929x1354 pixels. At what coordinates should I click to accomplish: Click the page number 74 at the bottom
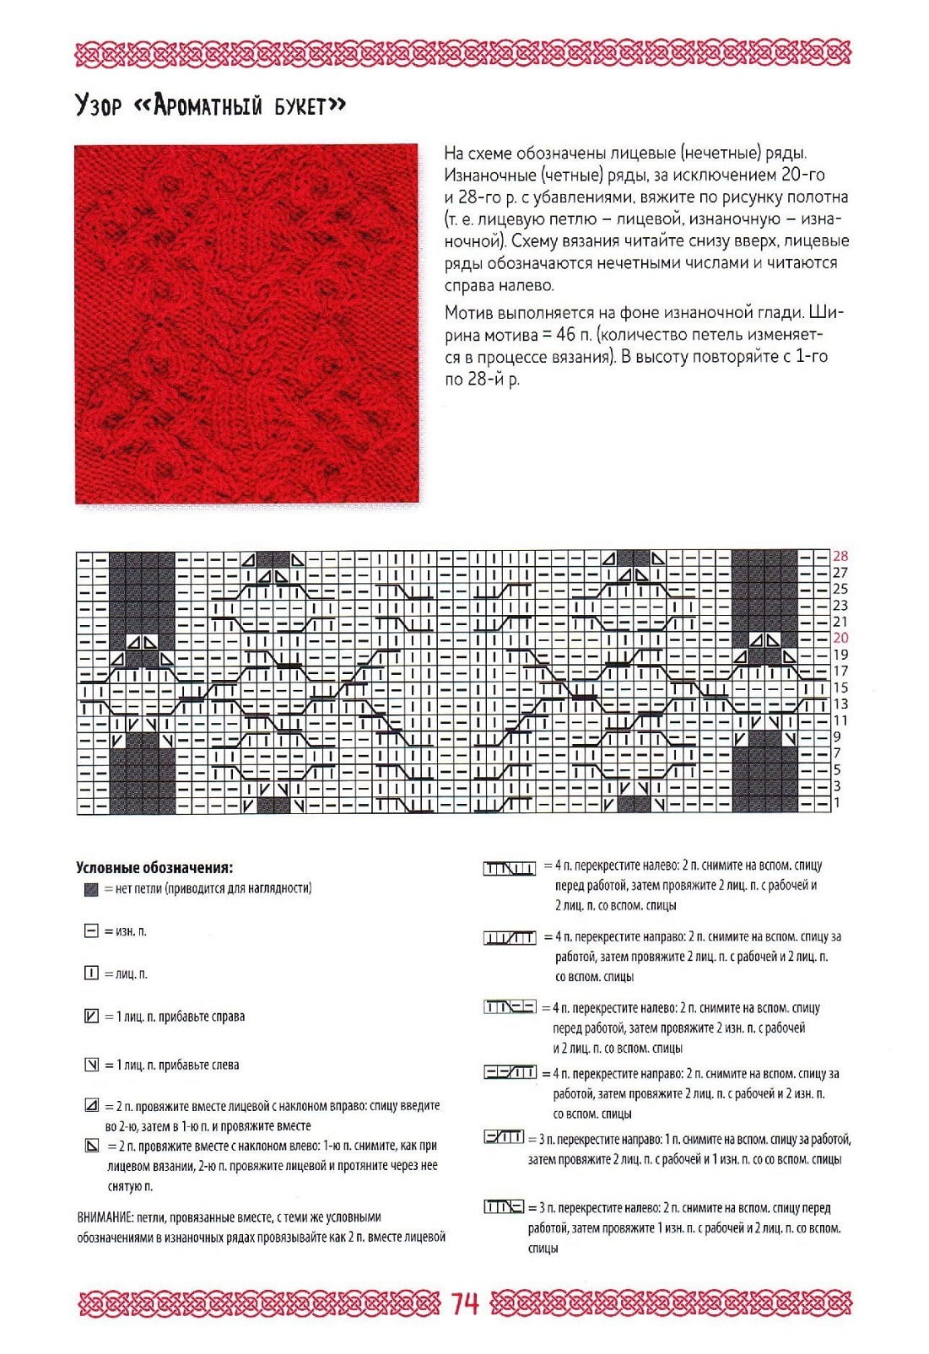(x=465, y=1303)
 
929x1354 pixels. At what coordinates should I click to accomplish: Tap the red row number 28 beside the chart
(x=840, y=556)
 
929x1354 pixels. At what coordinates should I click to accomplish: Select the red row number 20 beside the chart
(x=840, y=638)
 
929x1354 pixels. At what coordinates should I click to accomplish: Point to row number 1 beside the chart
(x=836, y=802)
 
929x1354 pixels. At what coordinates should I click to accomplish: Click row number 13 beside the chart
(x=840, y=704)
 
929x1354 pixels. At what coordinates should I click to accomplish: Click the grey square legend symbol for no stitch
(x=91, y=889)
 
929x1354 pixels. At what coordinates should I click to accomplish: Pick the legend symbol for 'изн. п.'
(x=91, y=931)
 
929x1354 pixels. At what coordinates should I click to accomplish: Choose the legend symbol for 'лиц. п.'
(x=91, y=974)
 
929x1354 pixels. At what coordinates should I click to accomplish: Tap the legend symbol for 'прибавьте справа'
(x=91, y=1017)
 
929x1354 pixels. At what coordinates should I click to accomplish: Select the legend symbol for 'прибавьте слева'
(x=91, y=1065)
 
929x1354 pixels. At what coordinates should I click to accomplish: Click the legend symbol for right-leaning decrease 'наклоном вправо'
(x=91, y=1105)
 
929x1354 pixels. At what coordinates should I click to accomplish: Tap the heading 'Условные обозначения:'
(x=154, y=868)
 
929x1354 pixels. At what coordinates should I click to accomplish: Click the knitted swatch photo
(x=246, y=324)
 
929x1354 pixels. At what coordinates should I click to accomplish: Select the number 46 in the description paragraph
(x=565, y=335)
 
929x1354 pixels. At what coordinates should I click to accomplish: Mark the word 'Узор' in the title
(x=98, y=106)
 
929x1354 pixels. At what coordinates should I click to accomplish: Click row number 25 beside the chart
(x=840, y=589)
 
